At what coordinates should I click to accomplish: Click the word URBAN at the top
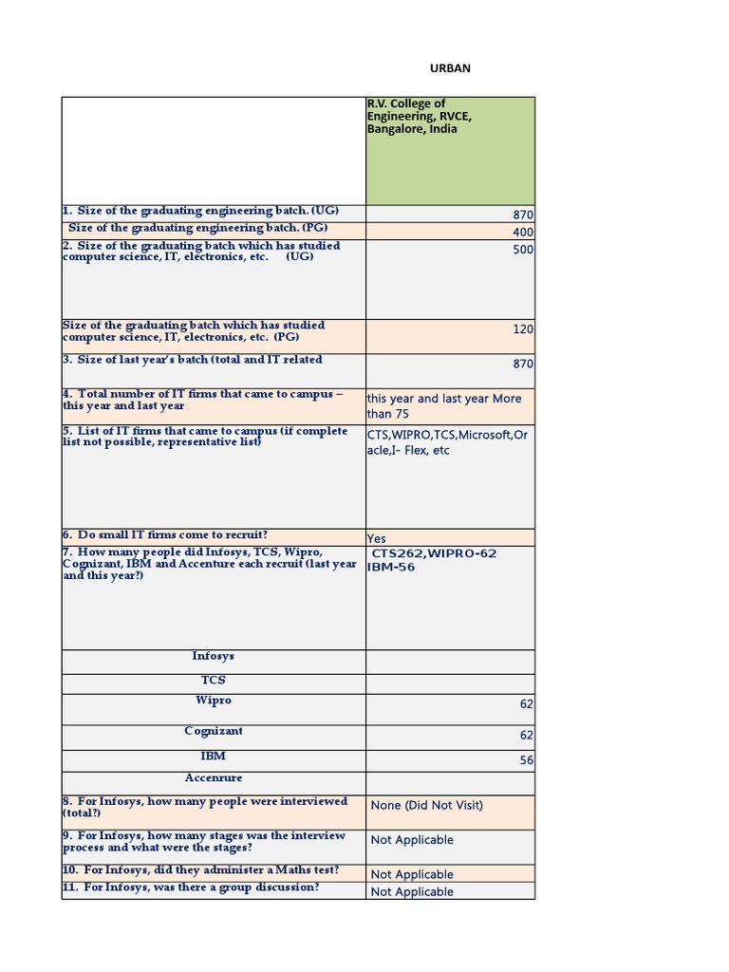pos(452,68)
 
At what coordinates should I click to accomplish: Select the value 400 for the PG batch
pos(523,233)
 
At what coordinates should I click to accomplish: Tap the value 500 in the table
pos(523,250)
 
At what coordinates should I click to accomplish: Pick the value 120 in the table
pos(523,328)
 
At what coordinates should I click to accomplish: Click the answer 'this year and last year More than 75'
pos(443,406)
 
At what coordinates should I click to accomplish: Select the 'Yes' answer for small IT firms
pos(377,538)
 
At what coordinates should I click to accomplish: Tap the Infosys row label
pos(213,656)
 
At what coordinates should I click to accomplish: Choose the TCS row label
pos(213,681)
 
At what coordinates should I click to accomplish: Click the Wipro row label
pos(213,701)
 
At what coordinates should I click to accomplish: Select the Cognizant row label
pos(213,731)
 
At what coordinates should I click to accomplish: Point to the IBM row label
pos(213,757)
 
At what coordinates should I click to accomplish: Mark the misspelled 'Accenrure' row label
pos(213,777)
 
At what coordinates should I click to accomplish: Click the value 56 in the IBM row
pos(526,760)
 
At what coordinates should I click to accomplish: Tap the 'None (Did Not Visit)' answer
pos(427,805)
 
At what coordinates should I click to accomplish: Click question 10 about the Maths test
pos(200,870)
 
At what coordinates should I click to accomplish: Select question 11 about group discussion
pos(191,888)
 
